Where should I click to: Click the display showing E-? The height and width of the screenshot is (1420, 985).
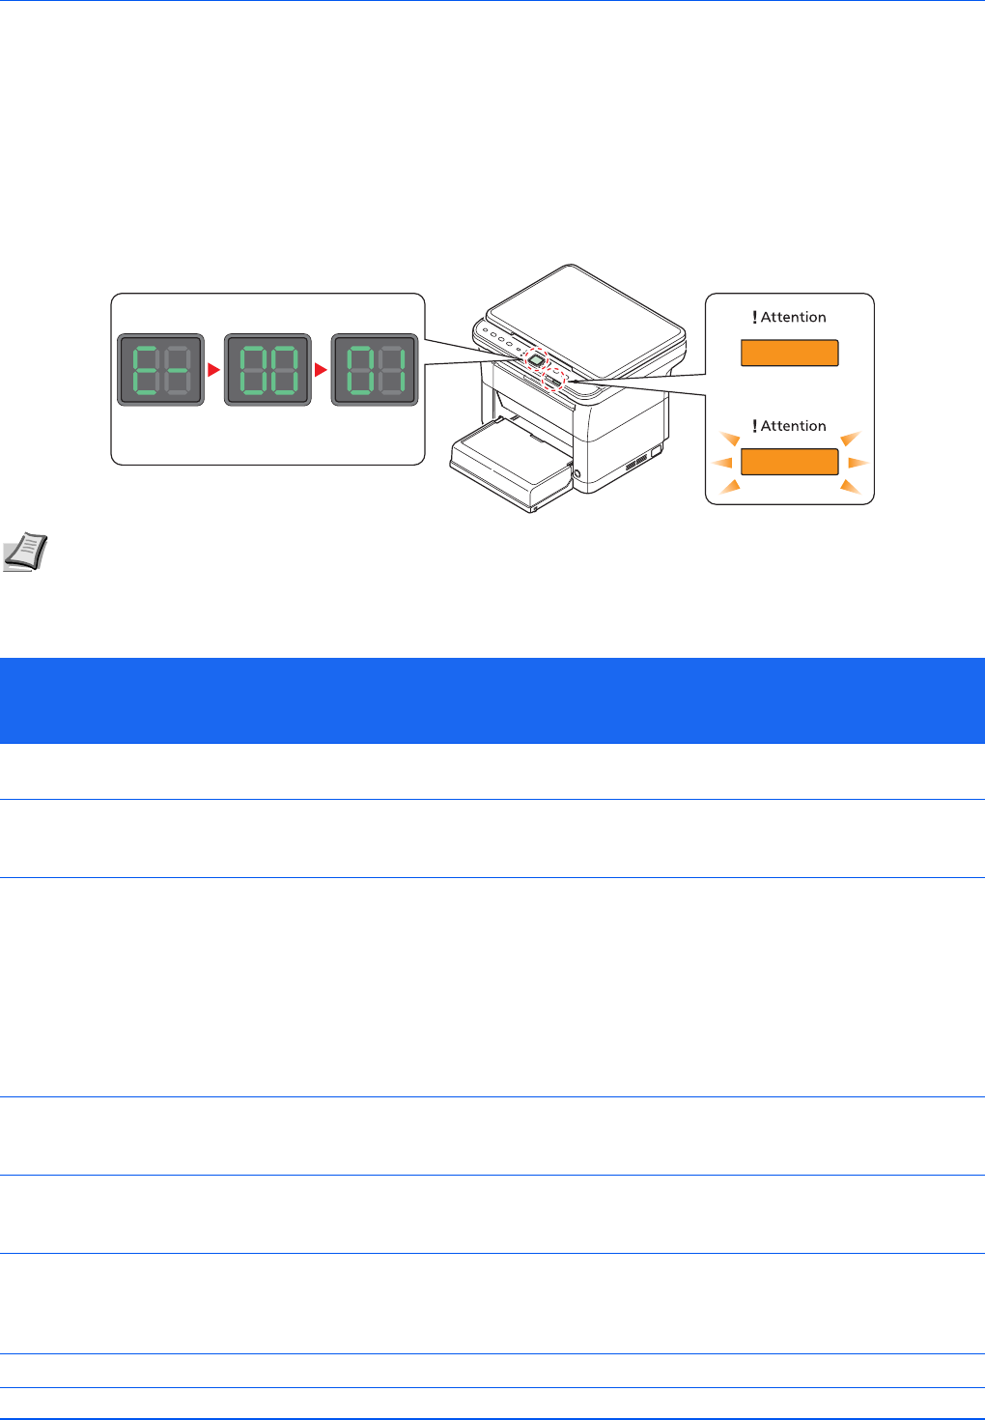(x=161, y=370)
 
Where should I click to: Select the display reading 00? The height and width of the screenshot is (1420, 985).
(x=267, y=370)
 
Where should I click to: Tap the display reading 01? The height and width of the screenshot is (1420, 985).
(x=375, y=370)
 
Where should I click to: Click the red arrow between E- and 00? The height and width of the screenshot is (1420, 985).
(x=214, y=370)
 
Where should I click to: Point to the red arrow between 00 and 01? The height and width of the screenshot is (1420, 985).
(x=322, y=370)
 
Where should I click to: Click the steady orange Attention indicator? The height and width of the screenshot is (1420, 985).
(x=789, y=353)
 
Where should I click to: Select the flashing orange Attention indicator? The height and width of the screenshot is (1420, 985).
(x=789, y=462)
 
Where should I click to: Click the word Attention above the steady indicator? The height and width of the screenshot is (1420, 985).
(x=794, y=317)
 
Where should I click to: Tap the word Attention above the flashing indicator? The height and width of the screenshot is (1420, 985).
(x=794, y=426)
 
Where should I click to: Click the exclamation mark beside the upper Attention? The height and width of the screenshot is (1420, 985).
(x=754, y=317)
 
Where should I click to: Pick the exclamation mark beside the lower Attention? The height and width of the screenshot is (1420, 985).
(x=754, y=426)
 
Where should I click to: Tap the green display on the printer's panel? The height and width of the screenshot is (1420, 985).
(x=535, y=360)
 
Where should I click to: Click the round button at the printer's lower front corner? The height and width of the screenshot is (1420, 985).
(x=577, y=473)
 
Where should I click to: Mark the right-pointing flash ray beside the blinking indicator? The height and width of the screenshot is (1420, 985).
(x=858, y=463)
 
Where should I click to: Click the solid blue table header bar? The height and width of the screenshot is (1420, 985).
(x=492, y=700)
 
